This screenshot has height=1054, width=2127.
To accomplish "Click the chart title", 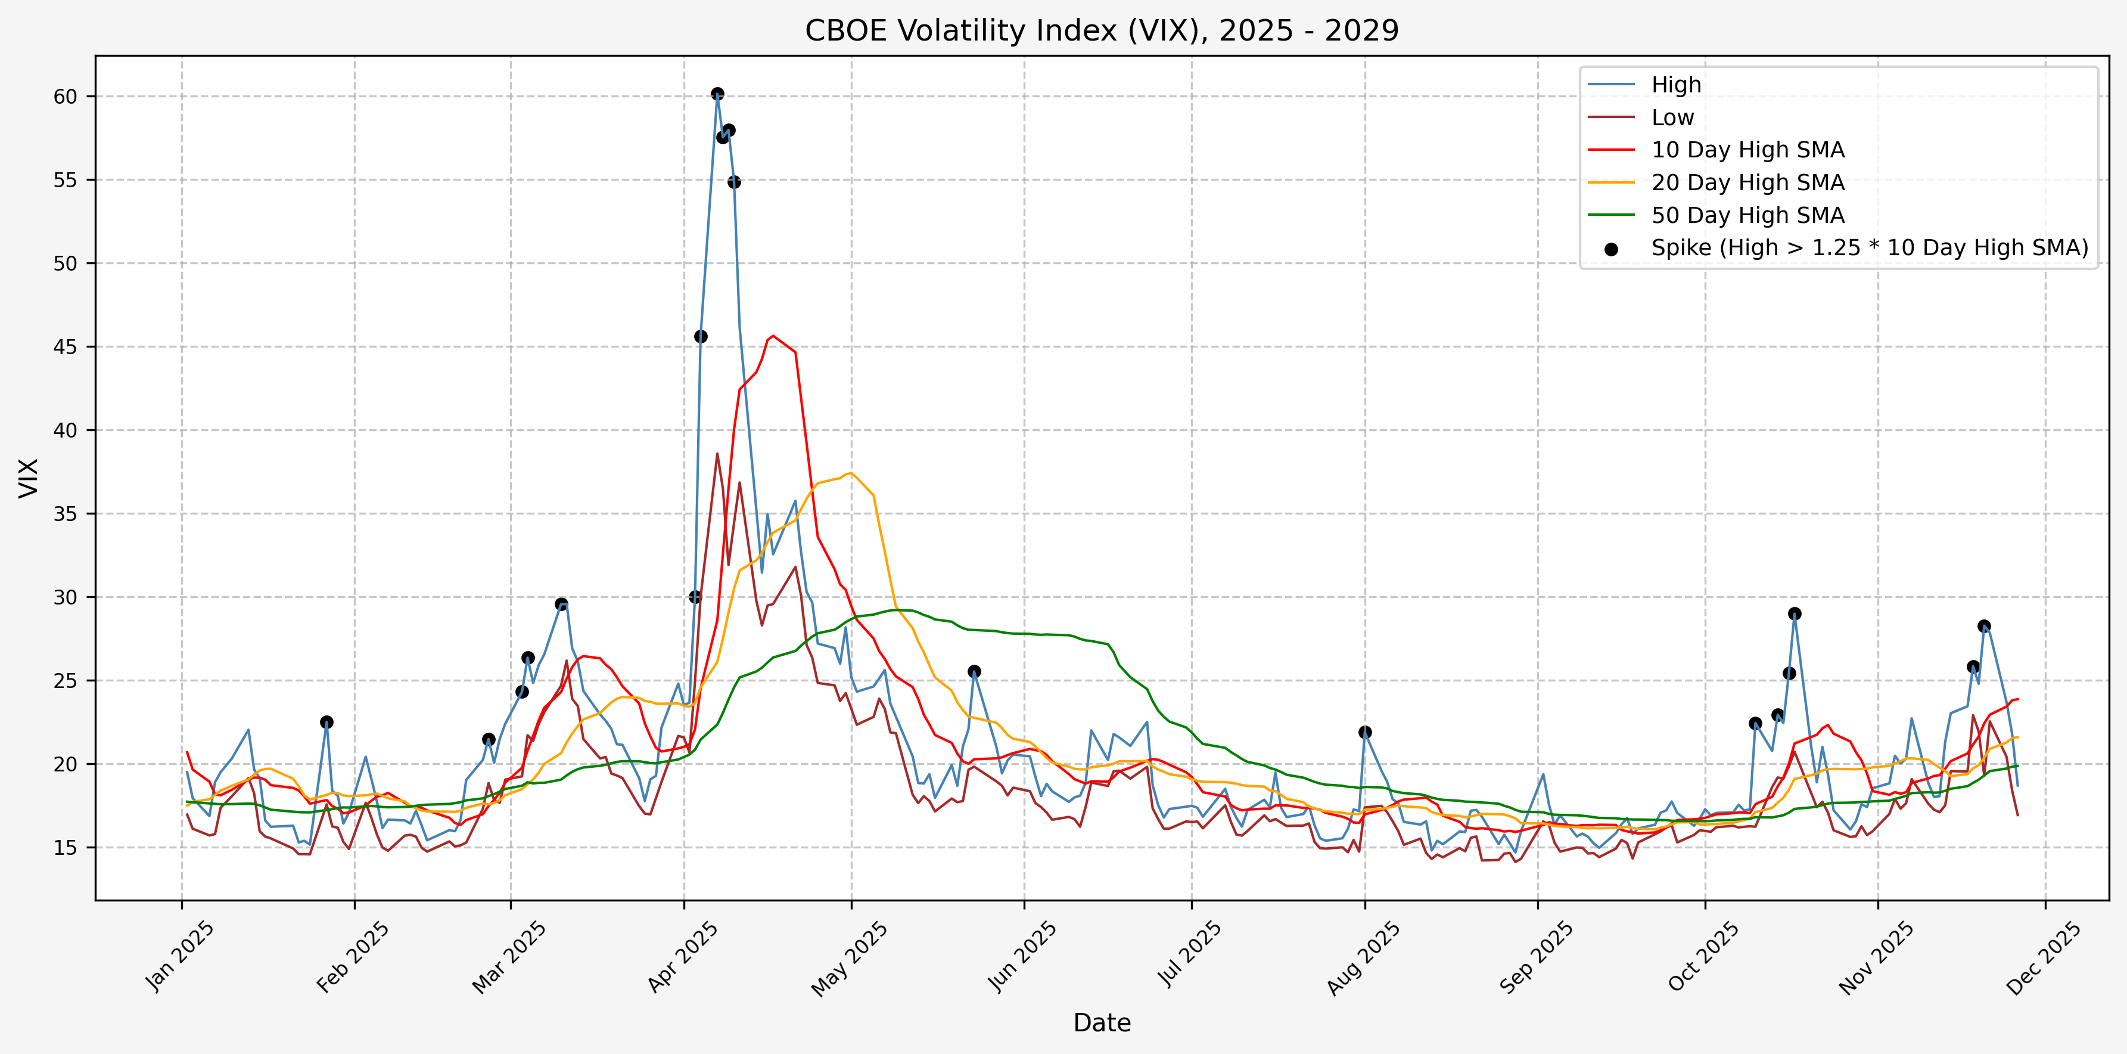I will click(1102, 30).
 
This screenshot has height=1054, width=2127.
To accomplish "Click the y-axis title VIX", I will click(29, 478).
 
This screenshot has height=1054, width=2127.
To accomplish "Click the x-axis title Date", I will click(1102, 1022).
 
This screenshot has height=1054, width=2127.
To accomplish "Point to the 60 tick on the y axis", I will click(65, 97).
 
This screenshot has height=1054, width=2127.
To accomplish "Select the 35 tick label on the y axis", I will click(65, 514).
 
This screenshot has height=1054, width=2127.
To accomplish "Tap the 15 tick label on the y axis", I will click(65, 848).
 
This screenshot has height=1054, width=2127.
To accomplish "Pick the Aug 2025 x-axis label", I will click(1363, 957).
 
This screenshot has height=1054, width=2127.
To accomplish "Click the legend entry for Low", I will click(1672, 117).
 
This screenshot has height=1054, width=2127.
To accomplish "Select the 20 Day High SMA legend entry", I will click(1747, 182).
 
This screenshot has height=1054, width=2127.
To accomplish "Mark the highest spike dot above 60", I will click(717, 94).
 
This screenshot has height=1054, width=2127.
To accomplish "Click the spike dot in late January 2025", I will click(327, 722).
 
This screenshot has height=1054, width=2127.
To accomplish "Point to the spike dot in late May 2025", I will click(974, 671).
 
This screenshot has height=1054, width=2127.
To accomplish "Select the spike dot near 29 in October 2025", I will click(1794, 613).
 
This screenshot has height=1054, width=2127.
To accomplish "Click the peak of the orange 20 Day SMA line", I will click(850, 473).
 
